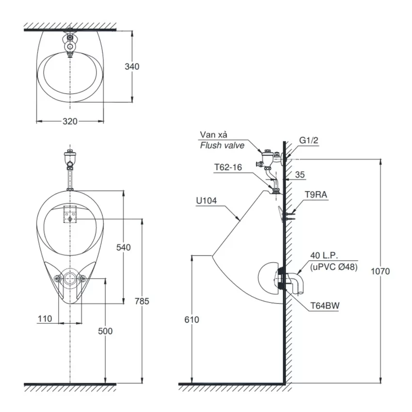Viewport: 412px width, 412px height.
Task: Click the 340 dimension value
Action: coord(132,67)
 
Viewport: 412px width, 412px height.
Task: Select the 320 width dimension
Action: coord(70,121)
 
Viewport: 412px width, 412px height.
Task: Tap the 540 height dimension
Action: coord(124,247)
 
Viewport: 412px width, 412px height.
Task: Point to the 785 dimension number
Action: coord(142,301)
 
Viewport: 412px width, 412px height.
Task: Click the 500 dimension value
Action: coord(105,331)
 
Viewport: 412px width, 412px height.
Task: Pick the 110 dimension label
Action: coord(45,319)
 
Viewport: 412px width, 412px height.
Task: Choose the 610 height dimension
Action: coord(192,319)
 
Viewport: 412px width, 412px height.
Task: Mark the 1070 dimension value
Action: coord(380,271)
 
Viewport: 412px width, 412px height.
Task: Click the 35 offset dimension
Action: coord(300,174)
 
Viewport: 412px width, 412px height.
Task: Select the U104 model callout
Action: coord(206,201)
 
